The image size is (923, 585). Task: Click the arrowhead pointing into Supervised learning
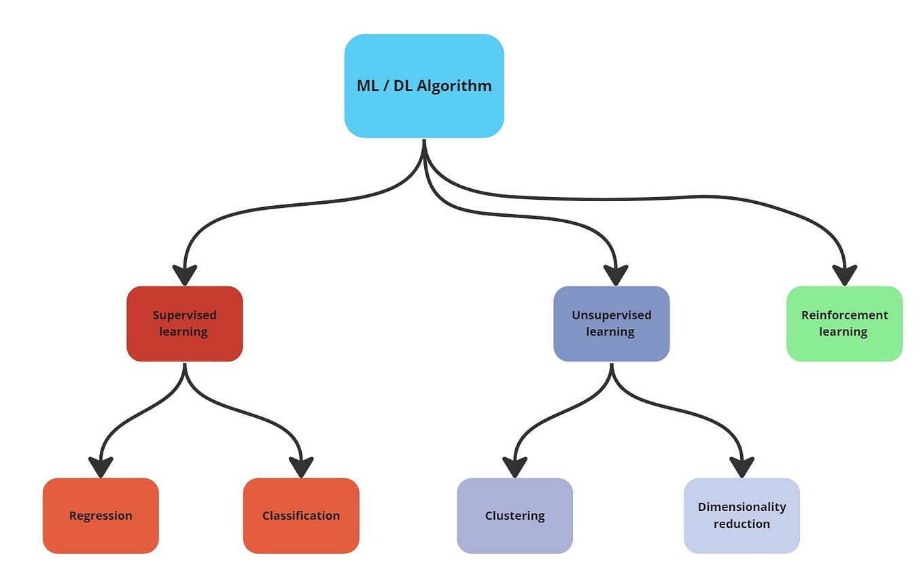point(184,274)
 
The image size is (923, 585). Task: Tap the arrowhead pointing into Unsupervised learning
point(616,274)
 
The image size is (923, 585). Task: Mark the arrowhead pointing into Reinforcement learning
point(845,274)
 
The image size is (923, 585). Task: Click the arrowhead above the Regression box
point(101,467)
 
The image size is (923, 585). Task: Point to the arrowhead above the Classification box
point(300,467)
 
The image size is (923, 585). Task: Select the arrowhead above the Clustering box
point(515,467)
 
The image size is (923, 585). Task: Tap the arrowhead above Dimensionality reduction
point(742,467)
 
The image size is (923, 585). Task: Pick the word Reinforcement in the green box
point(844,315)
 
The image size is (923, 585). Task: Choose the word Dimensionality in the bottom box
point(742,507)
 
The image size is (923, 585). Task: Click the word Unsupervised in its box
point(611,315)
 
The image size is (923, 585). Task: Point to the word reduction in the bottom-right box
point(742,524)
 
